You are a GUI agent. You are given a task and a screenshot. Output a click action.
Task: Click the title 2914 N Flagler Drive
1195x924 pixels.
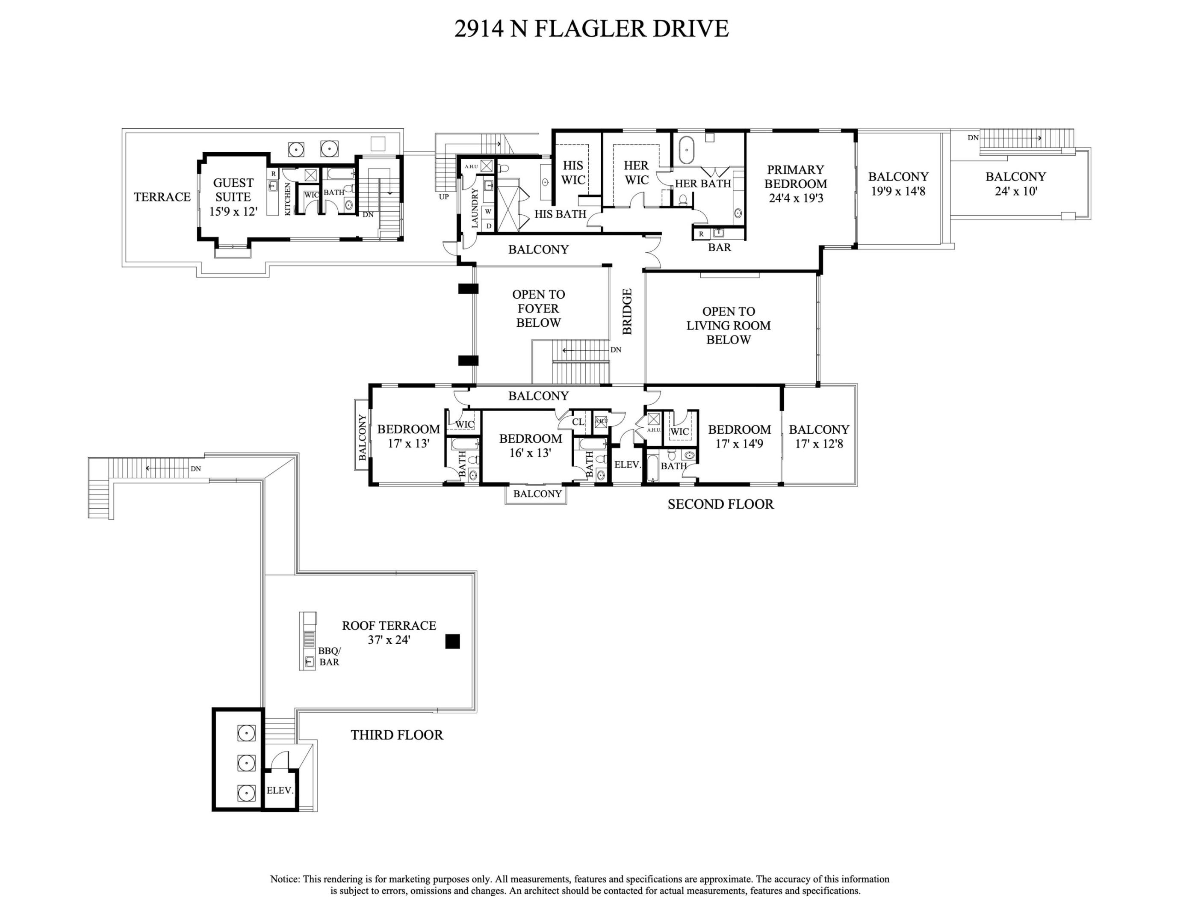pos(591,29)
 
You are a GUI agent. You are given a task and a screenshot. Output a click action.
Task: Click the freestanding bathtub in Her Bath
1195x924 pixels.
pos(686,151)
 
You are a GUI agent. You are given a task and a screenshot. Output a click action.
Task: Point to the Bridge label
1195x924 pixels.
pos(627,311)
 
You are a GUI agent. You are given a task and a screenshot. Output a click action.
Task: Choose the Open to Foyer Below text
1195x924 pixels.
pos(538,309)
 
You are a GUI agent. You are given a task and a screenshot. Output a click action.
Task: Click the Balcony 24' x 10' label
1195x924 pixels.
pos(1015,184)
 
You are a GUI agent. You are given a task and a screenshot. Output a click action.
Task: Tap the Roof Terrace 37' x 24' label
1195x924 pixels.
pos(389,632)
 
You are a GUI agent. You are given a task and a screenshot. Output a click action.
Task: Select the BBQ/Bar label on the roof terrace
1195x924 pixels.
pos(329,656)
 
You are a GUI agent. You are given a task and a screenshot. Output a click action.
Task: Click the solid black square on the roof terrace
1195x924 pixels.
pos(452,641)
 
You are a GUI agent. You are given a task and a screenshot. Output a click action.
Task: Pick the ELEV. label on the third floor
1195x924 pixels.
pos(280,791)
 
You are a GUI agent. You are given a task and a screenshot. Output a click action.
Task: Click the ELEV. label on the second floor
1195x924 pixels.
pos(627,465)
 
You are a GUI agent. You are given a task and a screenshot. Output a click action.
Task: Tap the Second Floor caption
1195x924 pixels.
pos(720,504)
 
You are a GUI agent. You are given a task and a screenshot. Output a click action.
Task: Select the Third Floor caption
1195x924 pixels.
pos(397,734)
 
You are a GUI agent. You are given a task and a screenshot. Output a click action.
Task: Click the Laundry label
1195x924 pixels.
pos(475,208)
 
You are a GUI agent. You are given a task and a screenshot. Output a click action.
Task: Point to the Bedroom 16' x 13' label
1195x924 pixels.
pos(530,446)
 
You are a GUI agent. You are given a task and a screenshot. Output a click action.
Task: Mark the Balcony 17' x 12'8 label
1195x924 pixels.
pos(819,436)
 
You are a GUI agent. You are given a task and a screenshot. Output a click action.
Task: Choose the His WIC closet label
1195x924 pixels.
pos(573,172)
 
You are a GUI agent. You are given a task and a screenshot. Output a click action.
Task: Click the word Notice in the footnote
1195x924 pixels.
pos(284,879)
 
